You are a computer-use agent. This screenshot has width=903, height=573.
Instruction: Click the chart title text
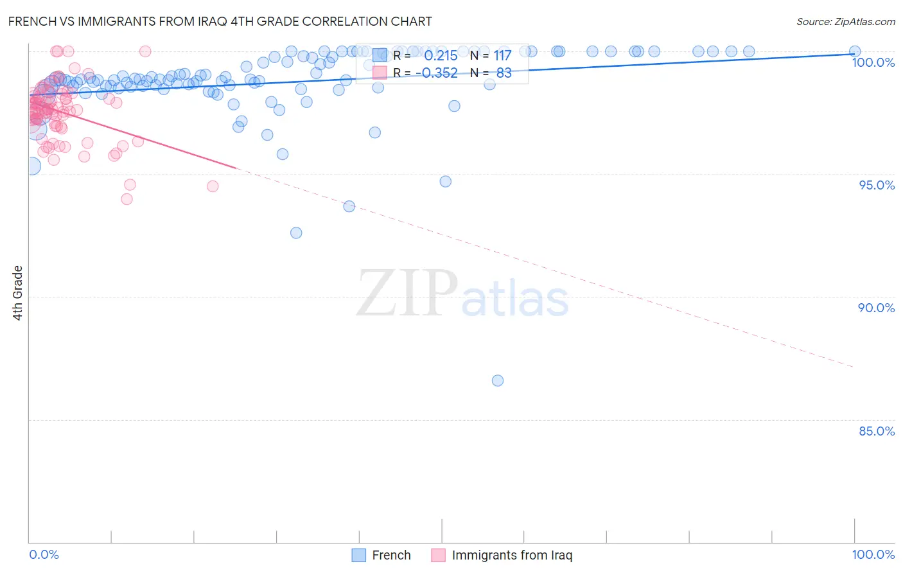point(220,21)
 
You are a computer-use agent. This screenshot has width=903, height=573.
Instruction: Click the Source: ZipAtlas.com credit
point(845,21)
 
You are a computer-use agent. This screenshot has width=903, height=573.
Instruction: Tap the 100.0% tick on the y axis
point(873,62)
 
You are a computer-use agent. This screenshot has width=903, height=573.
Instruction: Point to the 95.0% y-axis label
point(877,185)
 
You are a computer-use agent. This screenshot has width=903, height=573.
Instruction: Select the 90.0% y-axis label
point(877,308)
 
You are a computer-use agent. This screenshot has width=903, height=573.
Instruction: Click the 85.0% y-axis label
point(877,431)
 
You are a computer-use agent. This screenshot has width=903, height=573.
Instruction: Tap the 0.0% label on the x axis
point(44,554)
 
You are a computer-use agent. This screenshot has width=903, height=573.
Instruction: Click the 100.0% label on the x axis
point(873,554)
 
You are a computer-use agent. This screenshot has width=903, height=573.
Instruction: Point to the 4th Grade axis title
point(17,293)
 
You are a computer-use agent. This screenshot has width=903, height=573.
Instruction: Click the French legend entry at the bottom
point(390,555)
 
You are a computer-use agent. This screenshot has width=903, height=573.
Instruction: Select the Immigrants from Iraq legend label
point(511,555)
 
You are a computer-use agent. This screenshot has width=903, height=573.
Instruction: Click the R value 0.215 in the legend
point(441,56)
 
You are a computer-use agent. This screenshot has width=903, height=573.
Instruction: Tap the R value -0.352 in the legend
point(437,73)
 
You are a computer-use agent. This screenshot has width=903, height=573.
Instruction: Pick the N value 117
point(502,56)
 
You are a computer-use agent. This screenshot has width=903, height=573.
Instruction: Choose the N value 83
point(504,73)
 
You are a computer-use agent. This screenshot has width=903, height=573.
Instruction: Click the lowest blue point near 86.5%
point(498,380)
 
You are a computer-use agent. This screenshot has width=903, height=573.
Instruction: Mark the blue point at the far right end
point(855,51)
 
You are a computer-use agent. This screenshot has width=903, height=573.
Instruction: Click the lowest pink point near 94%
point(127,199)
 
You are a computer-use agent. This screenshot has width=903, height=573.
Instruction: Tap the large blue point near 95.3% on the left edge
point(31,166)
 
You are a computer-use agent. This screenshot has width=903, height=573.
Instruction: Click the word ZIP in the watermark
point(407,294)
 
